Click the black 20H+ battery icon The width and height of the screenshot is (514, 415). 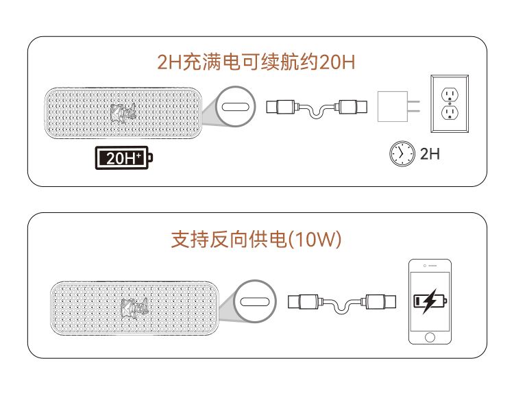(124, 158)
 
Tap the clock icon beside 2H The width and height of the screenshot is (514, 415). (402, 153)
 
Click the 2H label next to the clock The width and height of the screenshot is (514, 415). (430, 153)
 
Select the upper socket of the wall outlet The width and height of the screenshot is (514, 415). (450, 95)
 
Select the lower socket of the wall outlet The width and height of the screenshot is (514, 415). (450, 113)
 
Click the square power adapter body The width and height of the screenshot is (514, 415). (393, 106)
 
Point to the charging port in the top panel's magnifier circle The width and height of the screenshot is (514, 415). (235, 107)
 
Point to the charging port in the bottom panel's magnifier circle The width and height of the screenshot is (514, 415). (255, 302)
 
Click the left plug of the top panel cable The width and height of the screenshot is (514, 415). (281, 107)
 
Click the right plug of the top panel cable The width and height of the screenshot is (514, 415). (352, 107)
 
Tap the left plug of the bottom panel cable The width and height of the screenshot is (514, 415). (303, 301)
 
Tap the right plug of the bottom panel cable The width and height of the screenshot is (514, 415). (380, 301)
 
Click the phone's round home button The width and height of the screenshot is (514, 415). (430, 337)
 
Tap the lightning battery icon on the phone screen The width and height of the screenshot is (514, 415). (430, 301)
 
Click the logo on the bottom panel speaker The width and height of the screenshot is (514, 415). (134, 307)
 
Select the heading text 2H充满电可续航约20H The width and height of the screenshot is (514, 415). (256, 62)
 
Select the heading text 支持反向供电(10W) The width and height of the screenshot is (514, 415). (256, 239)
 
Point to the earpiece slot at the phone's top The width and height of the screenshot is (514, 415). (432, 266)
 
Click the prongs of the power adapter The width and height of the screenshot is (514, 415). (414, 106)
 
